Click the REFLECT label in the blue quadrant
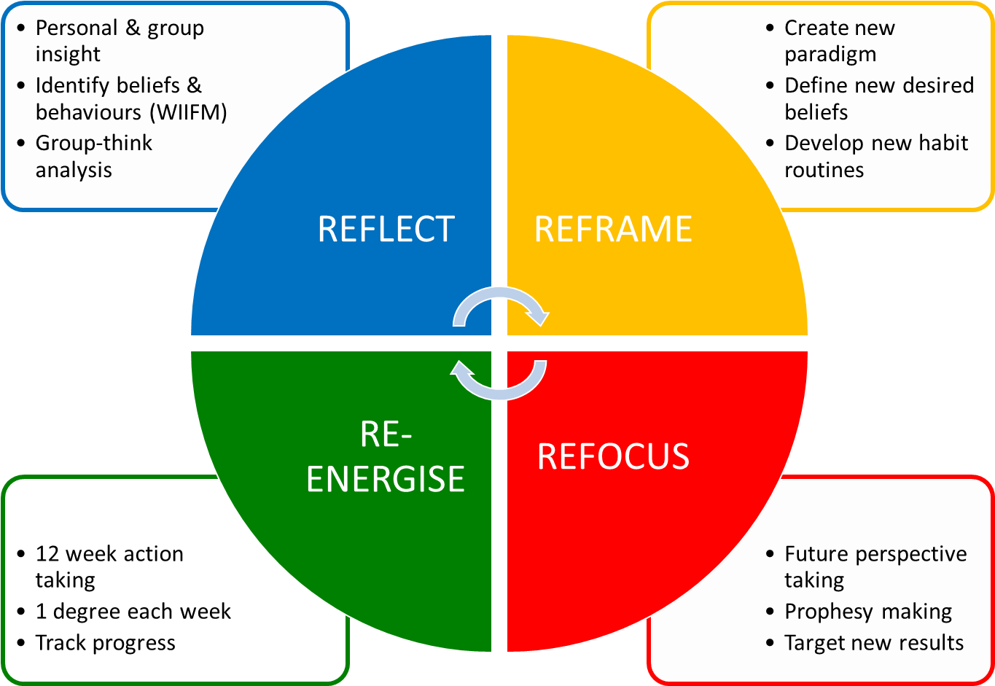tap(386, 229)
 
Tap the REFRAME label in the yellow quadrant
tap(613, 229)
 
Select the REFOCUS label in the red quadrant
tap(613, 456)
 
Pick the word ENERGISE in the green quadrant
tap(386, 479)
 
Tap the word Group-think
tap(94, 143)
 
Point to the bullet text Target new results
tap(874, 643)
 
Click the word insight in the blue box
tap(68, 55)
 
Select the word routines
tap(824, 170)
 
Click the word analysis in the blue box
tap(74, 170)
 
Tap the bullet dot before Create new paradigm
tap(770, 28)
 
